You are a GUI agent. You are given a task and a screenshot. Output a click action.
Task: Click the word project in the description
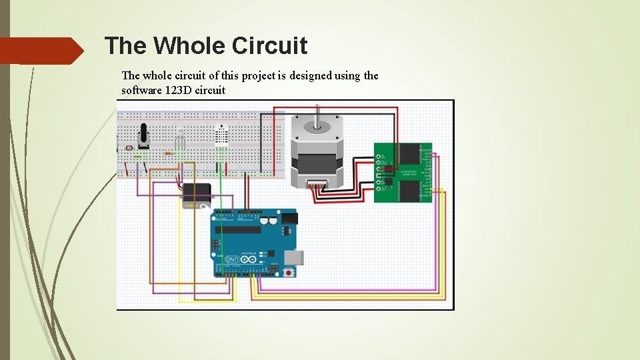click(x=260, y=76)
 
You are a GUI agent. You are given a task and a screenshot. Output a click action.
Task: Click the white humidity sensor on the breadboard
click(x=221, y=137)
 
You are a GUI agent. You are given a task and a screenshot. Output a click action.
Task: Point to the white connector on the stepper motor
click(x=317, y=183)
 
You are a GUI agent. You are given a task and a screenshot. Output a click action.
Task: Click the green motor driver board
click(x=403, y=172)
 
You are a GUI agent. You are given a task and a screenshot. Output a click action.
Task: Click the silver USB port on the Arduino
click(x=293, y=258)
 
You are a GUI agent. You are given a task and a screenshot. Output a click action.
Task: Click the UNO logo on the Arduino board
click(x=233, y=259)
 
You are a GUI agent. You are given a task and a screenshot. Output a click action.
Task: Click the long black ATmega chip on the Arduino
click(x=237, y=230)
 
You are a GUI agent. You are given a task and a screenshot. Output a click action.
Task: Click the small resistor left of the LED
click(x=168, y=153)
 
